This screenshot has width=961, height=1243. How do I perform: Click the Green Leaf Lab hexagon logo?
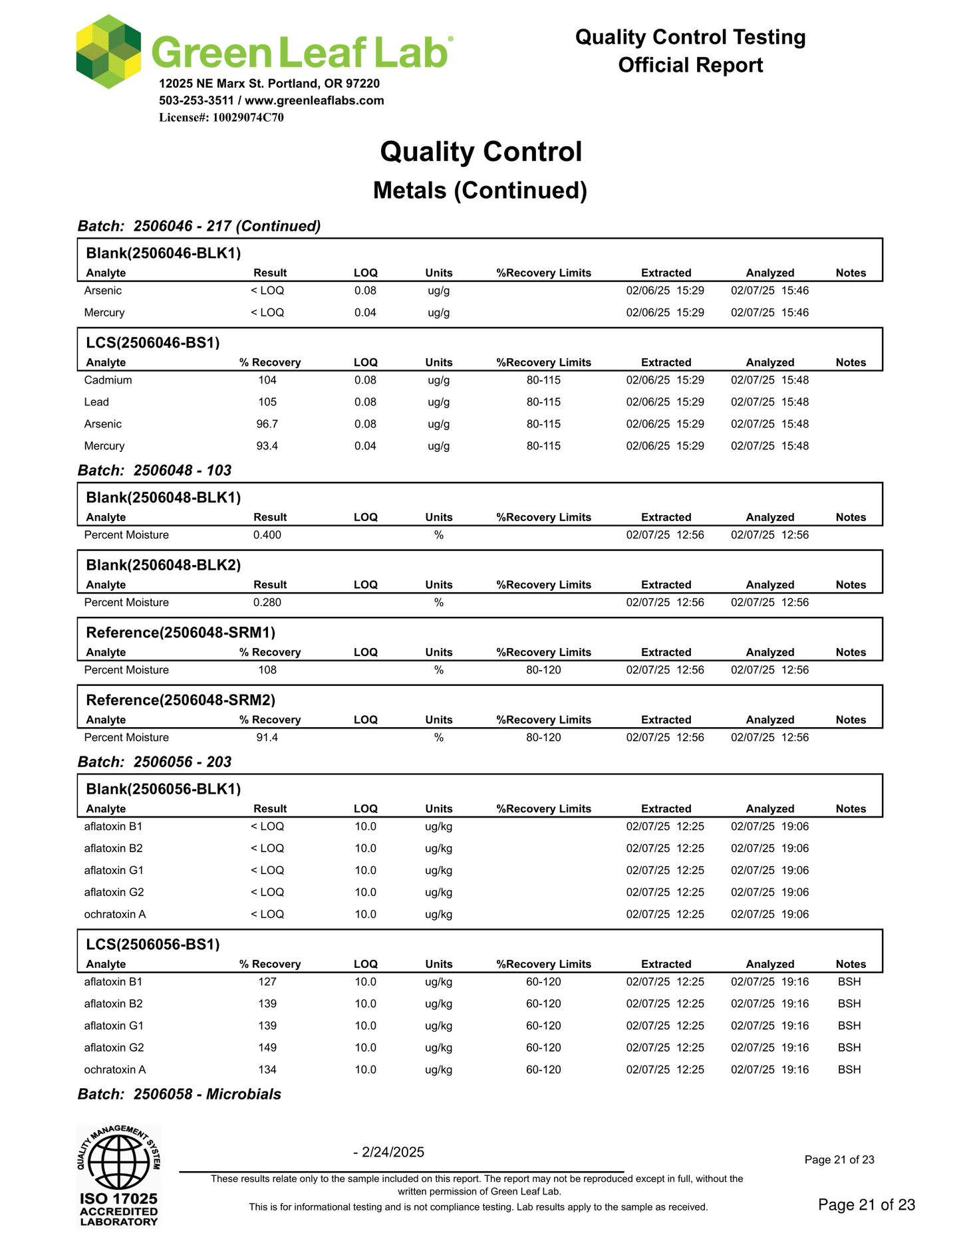[108, 52]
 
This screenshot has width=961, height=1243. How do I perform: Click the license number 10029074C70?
[247, 118]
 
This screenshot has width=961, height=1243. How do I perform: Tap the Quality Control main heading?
[480, 152]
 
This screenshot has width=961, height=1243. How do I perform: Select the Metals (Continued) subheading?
[480, 191]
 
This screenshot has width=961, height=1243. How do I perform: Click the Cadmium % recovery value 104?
[267, 380]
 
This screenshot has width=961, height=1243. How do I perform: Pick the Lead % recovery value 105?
[267, 402]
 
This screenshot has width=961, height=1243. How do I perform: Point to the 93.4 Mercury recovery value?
[267, 446]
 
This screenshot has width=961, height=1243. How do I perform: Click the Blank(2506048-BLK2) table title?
[164, 565]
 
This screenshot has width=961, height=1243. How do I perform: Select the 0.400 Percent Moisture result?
[267, 535]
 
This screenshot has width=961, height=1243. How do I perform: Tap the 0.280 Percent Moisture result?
[267, 602]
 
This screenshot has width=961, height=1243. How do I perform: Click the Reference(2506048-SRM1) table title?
[181, 632]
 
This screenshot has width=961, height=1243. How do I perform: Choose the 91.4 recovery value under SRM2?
[267, 737]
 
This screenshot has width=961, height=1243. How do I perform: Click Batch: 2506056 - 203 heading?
[154, 762]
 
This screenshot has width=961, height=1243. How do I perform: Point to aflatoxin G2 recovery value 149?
[267, 1048]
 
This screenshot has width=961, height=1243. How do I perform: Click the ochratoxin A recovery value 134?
[267, 1070]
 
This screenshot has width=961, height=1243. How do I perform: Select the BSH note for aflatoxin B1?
[849, 982]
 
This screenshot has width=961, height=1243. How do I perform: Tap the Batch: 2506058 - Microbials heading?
[180, 1094]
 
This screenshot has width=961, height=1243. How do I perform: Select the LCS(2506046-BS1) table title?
[153, 343]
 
